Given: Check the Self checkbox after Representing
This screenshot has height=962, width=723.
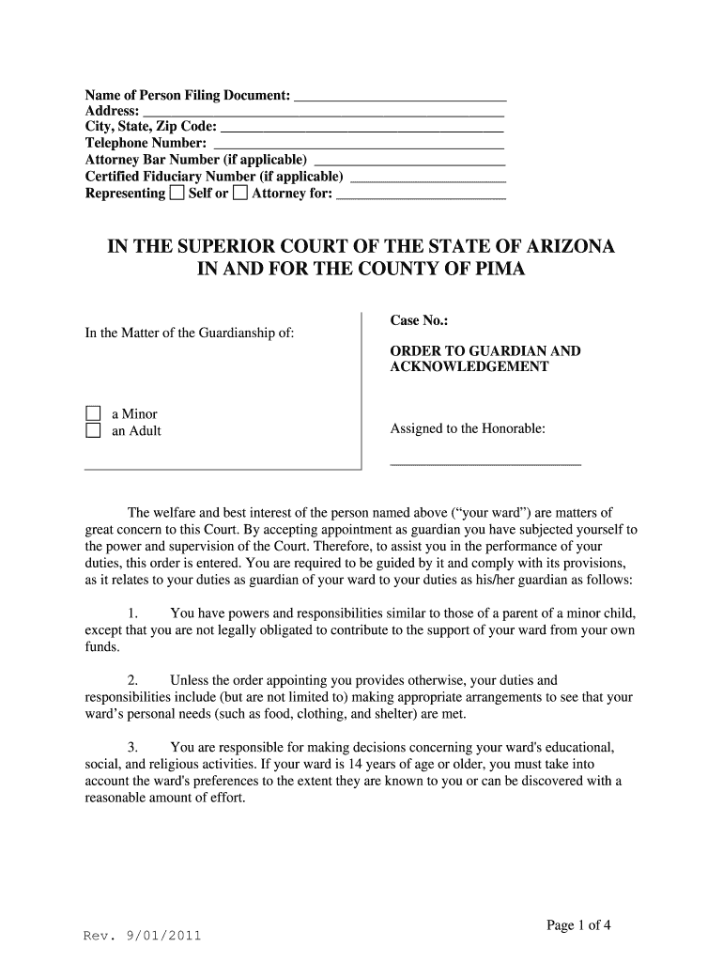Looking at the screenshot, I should pyautogui.click(x=177, y=194).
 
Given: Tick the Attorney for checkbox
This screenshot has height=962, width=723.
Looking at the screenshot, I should pyautogui.click(x=240, y=194).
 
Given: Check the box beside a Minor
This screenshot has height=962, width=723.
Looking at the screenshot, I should pyautogui.click(x=93, y=414).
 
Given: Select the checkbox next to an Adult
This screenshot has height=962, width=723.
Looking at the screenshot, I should pyautogui.click(x=93, y=431).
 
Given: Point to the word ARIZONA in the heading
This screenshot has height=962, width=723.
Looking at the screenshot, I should pyautogui.click(x=561, y=247).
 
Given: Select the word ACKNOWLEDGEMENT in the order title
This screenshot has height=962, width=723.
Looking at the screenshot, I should pyautogui.click(x=469, y=367).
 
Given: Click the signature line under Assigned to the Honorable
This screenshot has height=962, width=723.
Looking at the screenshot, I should pyautogui.click(x=485, y=464).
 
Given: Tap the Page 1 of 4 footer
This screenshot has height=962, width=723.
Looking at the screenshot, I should pyautogui.click(x=578, y=925).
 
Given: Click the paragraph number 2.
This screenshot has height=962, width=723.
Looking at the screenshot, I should pyautogui.click(x=132, y=680).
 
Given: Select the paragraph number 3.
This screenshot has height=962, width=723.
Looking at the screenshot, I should pyautogui.click(x=132, y=748).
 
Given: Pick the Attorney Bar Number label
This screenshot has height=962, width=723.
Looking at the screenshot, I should pyautogui.click(x=195, y=160).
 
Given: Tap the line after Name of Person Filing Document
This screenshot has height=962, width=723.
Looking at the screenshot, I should pyautogui.click(x=401, y=98).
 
